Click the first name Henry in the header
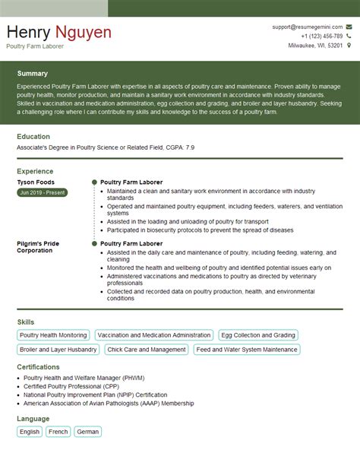click(28, 33)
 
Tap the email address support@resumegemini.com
click(308, 27)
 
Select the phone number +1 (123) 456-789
click(321, 36)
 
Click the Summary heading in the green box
click(33, 74)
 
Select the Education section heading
click(33, 137)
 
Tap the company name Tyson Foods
click(34, 182)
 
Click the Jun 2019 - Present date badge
click(43, 193)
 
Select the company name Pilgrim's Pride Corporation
click(38, 246)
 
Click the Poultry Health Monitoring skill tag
click(53, 335)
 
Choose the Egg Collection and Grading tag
click(258, 335)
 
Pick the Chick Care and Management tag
click(146, 350)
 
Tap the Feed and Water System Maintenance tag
click(247, 350)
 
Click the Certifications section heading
click(39, 366)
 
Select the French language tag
click(58, 432)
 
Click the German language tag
click(88, 432)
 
